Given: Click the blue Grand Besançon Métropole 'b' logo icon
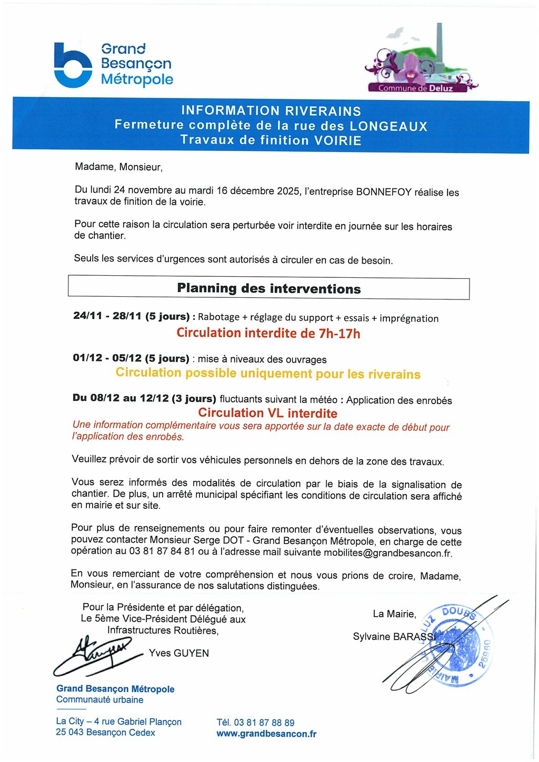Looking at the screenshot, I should click(73, 65).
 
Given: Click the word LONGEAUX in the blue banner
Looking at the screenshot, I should click(388, 126).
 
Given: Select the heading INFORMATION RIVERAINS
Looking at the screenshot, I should click(271, 111).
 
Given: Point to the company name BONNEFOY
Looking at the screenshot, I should click(383, 192).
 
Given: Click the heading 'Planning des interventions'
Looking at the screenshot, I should click(269, 288).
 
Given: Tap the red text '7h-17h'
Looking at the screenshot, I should click(340, 334).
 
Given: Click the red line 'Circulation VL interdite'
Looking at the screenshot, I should click(267, 413).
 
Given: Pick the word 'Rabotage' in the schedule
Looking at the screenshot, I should click(218, 317).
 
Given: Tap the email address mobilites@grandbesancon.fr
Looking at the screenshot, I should click(388, 553).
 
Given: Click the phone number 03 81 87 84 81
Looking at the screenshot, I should click(162, 552).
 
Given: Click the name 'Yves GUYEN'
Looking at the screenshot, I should click(179, 653).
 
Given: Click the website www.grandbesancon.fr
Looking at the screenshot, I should click(266, 734).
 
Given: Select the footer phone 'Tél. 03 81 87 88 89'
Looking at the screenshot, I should click(255, 723).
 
